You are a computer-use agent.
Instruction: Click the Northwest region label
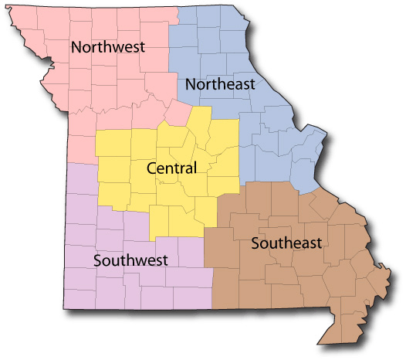pos(108,47)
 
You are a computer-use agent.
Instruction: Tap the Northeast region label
pos(220,84)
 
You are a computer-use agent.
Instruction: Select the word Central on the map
pos(171,168)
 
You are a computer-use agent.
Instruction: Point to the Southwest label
pos(130,260)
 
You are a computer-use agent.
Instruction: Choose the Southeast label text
pos(286,244)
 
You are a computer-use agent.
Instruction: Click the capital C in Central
pos(151,168)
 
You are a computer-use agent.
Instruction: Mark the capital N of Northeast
pos(191,84)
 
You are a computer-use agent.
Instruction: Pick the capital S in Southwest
pos(97,260)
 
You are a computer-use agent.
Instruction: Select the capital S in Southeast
pos(255,244)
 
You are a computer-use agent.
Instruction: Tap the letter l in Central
pos(195,167)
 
